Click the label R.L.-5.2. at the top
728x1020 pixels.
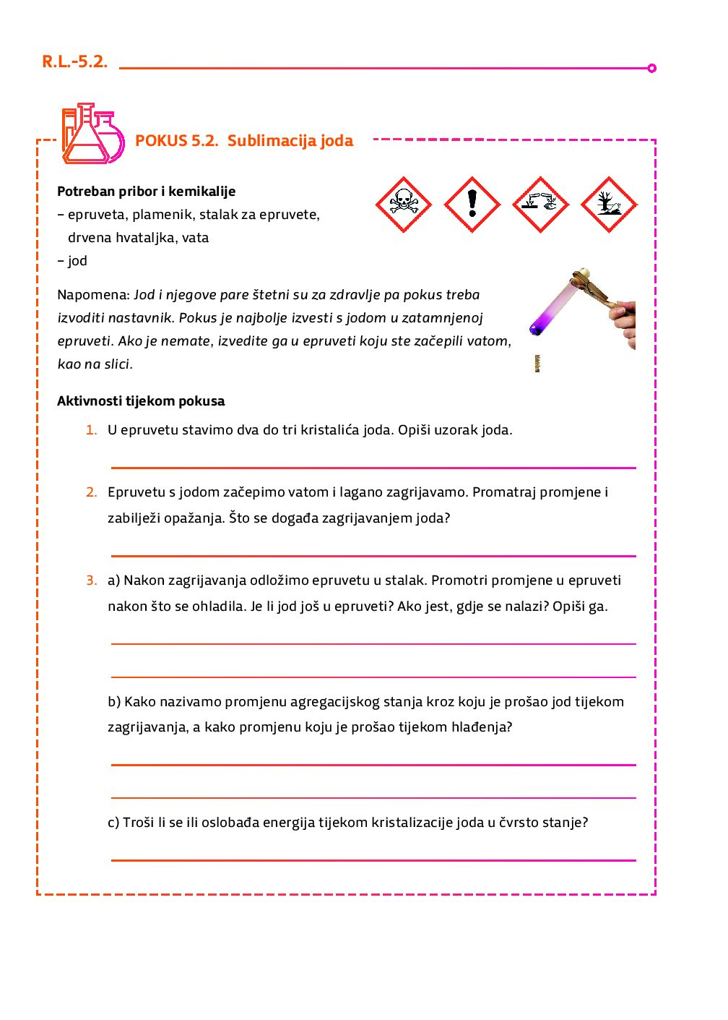(74, 61)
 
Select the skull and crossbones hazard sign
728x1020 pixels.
(404, 205)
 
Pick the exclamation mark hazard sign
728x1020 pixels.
(472, 205)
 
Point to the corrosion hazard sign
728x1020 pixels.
(540, 205)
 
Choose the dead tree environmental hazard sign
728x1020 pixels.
(609, 205)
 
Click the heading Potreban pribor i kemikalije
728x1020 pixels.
(146, 192)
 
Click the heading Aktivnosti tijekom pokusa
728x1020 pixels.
(141, 401)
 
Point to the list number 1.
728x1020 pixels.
(91, 430)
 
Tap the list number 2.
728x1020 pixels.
(91, 492)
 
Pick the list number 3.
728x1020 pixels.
(91, 580)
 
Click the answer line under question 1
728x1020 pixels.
(373, 468)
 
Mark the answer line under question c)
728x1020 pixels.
(373, 860)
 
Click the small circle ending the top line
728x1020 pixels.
(651, 68)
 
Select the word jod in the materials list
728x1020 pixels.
(77, 261)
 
